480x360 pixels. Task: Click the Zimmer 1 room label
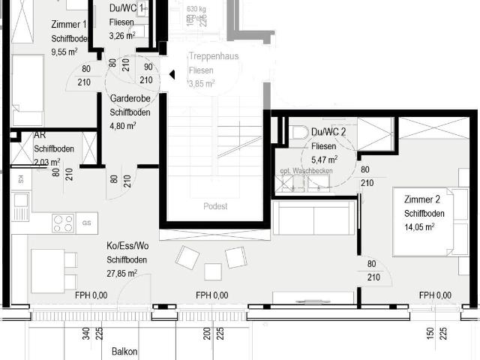(69, 25)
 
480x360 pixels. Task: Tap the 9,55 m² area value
(64, 52)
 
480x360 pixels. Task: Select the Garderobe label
(127, 99)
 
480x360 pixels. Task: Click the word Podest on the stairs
(214, 206)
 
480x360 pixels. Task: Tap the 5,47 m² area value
(324, 160)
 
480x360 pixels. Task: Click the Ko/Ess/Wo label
(127, 246)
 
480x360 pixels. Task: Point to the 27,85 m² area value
(121, 274)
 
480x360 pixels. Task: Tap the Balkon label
(124, 351)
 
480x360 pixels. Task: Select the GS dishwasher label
(86, 223)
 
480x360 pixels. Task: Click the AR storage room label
(40, 136)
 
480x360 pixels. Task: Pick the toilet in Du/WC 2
(295, 134)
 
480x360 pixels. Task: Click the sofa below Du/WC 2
(310, 217)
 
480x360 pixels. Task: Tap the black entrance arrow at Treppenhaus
(172, 74)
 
